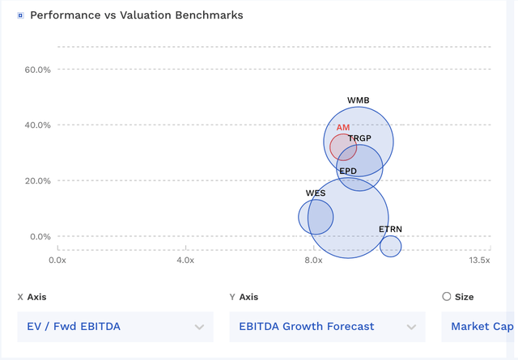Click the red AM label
coord(343,128)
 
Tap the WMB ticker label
coord(359,101)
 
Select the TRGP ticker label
coord(360,139)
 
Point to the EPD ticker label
coord(348,172)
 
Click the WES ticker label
coord(316,194)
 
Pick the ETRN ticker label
coord(390,230)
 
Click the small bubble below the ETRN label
coord(390,246)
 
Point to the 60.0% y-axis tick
coord(38,70)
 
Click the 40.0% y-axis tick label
coord(38,125)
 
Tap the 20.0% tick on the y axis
coord(38,181)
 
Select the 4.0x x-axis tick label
coord(185,260)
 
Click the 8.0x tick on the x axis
coord(313,260)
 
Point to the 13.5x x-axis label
coord(479,260)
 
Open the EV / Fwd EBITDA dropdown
coord(115,327)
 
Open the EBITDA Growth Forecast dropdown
coord(327,327)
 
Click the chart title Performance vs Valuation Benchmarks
coord(136,15)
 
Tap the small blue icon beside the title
coord(20,15)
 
